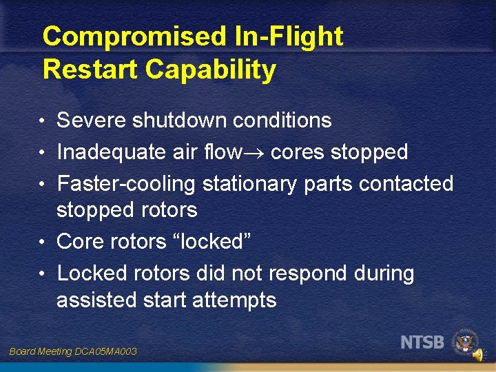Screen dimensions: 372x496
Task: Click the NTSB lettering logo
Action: pyautogui.click(x=422, y=342)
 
